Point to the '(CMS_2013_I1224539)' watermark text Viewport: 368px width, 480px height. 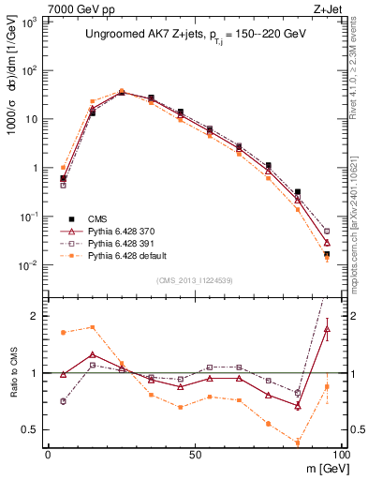(x=195, y=280)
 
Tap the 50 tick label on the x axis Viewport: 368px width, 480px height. (x=195, y=454)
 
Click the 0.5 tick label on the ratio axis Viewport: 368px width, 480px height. (x=35, y=430)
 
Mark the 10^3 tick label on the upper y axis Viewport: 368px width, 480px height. (x=32, y=22)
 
